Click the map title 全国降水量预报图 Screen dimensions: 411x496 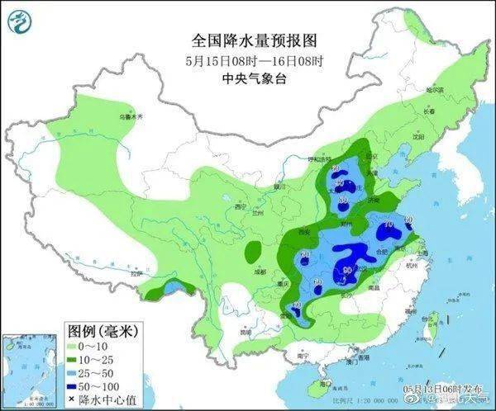pyautogui.click(x=254, y=40)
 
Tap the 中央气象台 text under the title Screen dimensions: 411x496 pyautogui.click(x=254, y=79)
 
